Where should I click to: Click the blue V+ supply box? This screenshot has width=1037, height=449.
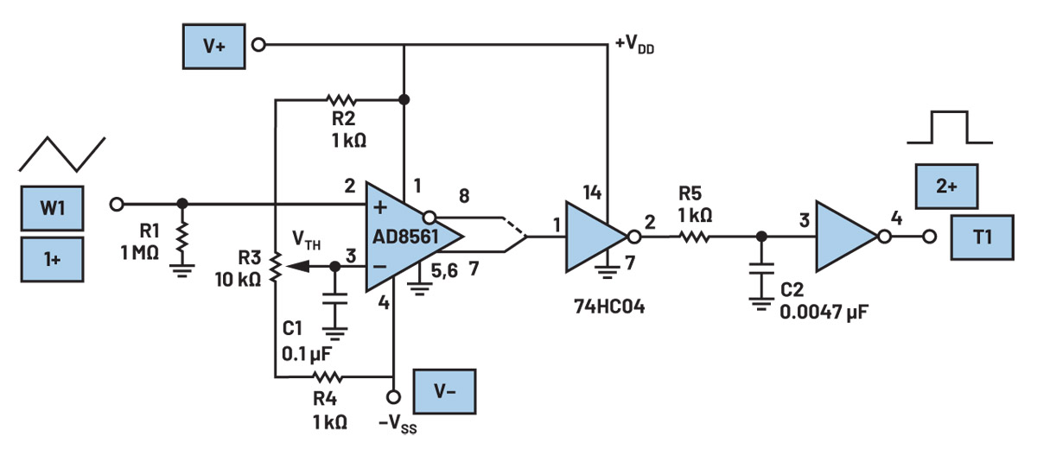[214, 47]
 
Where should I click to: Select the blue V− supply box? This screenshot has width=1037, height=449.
[444, 391]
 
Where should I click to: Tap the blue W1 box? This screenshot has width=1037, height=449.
[53, 208]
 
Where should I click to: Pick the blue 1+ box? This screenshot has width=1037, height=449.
[53, 259]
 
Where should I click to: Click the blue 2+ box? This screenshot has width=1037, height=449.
[947, 186]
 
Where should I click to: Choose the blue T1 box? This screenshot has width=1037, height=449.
[983, 237]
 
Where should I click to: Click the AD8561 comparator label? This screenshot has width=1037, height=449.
[405, 237]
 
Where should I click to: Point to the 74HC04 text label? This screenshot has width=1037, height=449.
[609, 307]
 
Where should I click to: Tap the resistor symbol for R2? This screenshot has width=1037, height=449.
[340, 99]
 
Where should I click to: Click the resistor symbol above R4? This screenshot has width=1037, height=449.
[328, 377]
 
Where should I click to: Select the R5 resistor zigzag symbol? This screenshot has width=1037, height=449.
[695, 237]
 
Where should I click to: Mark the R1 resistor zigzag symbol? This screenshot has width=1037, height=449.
[182, 237]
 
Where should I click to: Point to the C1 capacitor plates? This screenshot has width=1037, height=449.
[334, 299]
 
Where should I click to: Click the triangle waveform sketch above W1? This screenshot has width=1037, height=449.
[62, 154]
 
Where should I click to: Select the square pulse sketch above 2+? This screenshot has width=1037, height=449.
[949, 127]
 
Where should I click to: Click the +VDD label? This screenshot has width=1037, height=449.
[634, 45]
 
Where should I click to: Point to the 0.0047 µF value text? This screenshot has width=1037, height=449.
[824, 312]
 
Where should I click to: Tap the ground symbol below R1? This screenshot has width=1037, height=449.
[182, 270]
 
